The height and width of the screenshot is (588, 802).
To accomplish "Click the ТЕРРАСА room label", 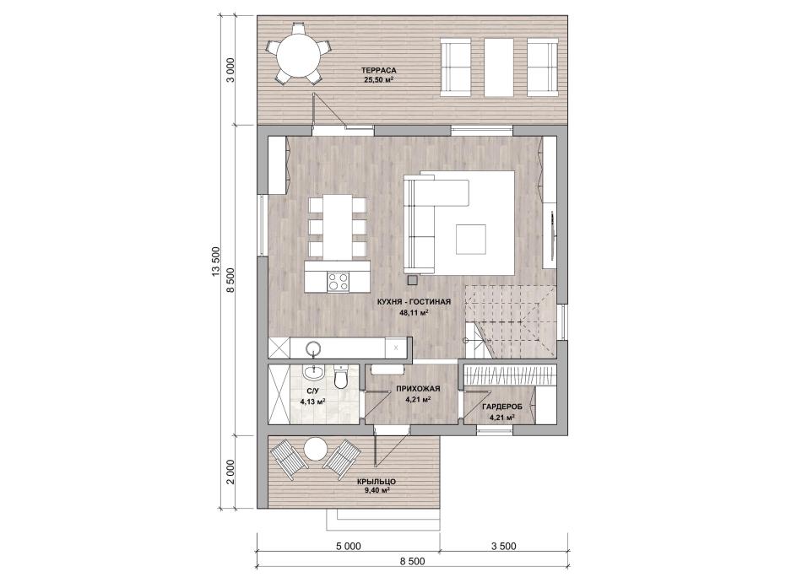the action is coord(378,71).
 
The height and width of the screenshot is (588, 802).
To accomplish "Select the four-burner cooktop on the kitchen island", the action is coord(338,282).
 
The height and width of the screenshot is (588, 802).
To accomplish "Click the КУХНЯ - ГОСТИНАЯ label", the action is coord(414,302).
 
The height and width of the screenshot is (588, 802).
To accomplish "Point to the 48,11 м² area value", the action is coord(414,313).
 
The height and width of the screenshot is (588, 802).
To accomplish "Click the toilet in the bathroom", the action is coord(340,377).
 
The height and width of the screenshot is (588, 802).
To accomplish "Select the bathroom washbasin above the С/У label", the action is coord(312,373).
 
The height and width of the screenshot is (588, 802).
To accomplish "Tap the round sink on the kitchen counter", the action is coord(313,349).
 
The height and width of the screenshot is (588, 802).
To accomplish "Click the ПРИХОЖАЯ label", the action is coord(418,389).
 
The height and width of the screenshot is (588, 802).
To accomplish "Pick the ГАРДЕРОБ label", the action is coord(501,407).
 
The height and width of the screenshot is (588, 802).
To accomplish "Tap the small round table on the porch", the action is coord(316,450).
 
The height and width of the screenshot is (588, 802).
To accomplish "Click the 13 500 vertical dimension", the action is coord(214,264).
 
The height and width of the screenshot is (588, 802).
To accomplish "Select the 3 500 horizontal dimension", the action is coord(504,546).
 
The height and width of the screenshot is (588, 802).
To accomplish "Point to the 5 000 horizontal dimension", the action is coord(348,546).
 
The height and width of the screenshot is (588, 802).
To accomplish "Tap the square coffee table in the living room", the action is coord(471,240).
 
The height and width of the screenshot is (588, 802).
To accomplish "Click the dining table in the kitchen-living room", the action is coord(338,227).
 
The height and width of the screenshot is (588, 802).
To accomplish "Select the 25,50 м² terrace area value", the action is coord(378,80).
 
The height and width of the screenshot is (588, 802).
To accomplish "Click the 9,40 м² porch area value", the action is coord(377,490).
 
